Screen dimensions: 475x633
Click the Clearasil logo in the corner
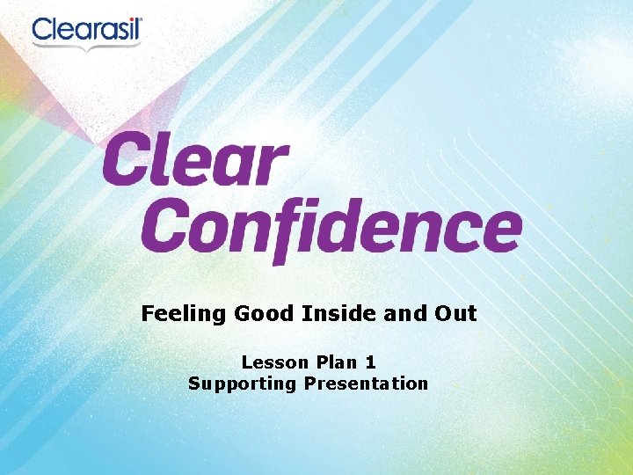[x=87, y=33]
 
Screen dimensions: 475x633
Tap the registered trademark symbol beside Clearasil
[x=138, y=20]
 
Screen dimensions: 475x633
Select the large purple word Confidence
[x=331, y=227]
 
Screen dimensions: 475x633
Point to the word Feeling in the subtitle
[x=183, y=313]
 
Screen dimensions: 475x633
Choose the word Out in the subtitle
[x=455, y=313]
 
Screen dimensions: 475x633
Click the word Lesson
[x=275, y=362]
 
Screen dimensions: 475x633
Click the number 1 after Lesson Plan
[x=371, y=362]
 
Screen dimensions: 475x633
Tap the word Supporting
[x=243, y=384]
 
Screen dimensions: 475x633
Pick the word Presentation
[x=366, y=384]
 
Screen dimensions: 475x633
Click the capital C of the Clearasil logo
[x=44, y=32]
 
